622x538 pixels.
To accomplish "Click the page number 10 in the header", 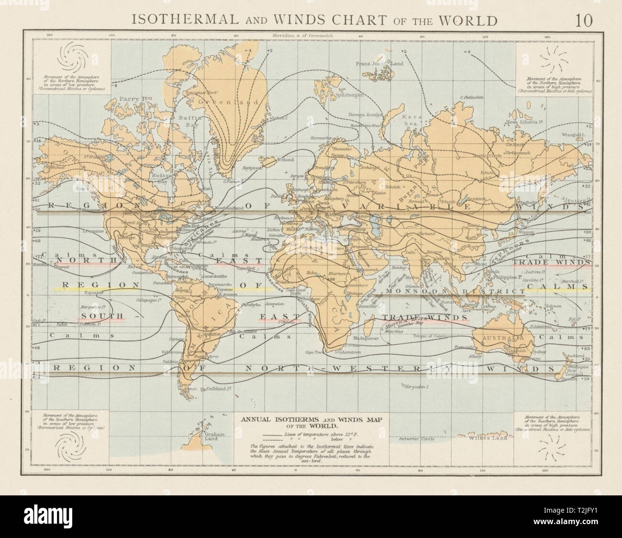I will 585,21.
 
